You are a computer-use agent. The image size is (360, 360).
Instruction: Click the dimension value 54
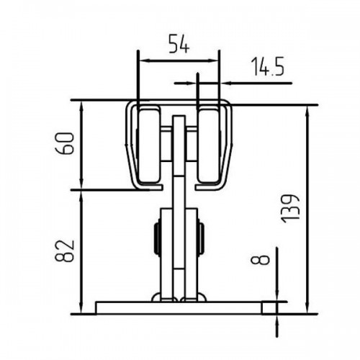click(179, 44)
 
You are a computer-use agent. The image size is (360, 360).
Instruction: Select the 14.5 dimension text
click(268, 66)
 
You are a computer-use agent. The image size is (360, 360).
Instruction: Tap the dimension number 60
click(64, 143)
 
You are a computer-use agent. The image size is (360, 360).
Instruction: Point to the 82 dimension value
click(64, 251)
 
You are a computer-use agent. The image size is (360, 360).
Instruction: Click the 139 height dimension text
click(291, 209)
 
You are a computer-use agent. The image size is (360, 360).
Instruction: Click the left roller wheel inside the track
click(148, 145)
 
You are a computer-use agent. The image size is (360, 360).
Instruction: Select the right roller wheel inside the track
click(208, 145)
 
